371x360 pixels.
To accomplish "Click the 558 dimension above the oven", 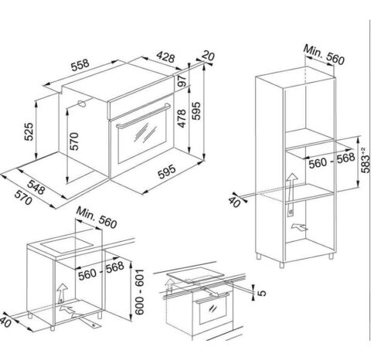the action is tap(80, 65).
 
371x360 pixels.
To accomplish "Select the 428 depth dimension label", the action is tap(165, 57).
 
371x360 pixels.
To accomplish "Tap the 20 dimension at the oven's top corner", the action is tap(208, 56).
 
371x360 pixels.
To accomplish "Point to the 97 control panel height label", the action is tap(182, 80).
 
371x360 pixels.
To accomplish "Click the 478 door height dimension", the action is tap(182, 118).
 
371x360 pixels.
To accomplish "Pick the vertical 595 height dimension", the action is tap(196, 110).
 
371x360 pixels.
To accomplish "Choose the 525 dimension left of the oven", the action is tap(29, 131).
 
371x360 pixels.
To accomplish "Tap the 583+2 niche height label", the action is tap(366, 160).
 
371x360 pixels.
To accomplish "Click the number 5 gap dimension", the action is tap(262, 293).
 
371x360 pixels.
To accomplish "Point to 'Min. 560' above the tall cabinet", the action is tap(324, 55).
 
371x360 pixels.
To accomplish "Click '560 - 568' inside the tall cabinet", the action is tap(332, 161).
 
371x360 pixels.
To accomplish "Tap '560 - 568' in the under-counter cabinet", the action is tap(101, 271).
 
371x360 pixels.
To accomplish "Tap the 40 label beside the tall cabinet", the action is tap(234, 202).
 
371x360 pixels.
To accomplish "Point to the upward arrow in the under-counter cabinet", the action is tap(62, 291).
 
